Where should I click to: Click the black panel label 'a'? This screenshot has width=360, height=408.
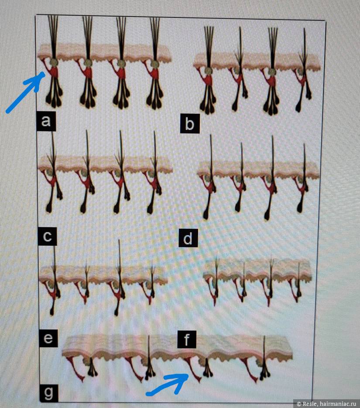point(46,121)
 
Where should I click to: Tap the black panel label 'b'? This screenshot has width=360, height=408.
point(190,123)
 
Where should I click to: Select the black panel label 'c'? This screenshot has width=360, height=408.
point(47,236)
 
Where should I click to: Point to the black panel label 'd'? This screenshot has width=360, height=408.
point(188,238)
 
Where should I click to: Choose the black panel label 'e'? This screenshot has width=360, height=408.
point(48,338)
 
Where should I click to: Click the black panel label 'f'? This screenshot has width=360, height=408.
point(187,339)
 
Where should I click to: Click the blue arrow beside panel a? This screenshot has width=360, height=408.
point(25,92)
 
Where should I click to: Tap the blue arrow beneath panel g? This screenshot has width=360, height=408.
point(167,384)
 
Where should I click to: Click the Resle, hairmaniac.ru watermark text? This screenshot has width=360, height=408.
point(326,404)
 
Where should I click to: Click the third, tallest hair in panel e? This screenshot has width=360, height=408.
point(118,278)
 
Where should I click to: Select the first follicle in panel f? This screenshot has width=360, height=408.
point(214,282)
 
